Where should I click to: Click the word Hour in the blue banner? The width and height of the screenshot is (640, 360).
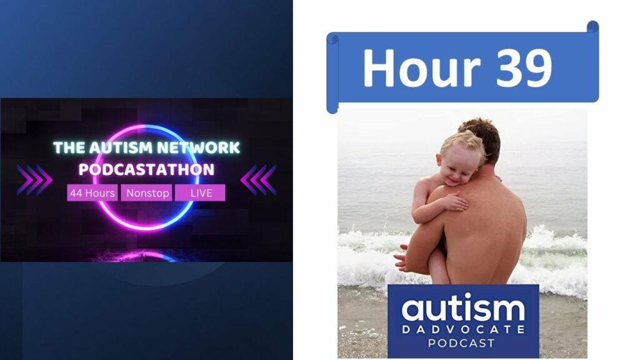pyautogui.click(x=422, y=67)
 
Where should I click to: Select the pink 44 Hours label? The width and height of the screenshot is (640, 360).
pyautogui.click(x=92, y=193)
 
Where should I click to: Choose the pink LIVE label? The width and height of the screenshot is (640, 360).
pyautogui.click(x=200, y=193)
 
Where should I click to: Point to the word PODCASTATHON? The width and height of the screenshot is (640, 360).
pyautogui.click(x=146, y=169)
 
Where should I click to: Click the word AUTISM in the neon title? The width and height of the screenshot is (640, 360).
pyautogui.click(x=121, y=147)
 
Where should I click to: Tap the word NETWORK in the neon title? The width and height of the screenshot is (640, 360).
pyautogui.click(x=199, y=147)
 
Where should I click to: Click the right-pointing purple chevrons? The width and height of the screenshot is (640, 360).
pyautogui.click(x=34, y=180)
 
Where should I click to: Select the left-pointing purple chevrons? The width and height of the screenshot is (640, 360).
pyautogui.click(x=258, y=180)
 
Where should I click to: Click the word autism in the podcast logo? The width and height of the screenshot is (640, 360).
pyautogui.click(x=463, y=308)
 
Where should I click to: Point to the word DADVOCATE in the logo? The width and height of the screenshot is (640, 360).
pyautogui.click(x=463, y=329)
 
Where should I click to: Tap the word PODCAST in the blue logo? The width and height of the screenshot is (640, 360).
pyautogui.click(x=461, y=343)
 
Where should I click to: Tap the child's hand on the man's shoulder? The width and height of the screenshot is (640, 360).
pyautogui.click(x=456, y=202)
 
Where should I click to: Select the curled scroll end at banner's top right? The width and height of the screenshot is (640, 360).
pyautogui.click(x=592, y=27)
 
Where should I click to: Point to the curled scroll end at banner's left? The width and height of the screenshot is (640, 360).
pyautogui.click(x=332, y=74)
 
